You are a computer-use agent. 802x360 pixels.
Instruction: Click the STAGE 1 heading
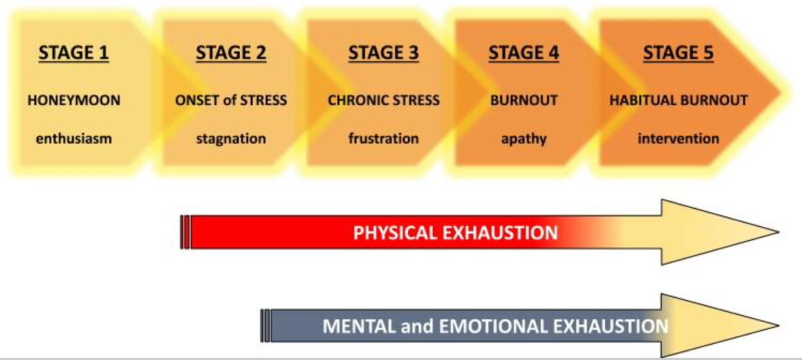pos(74,53)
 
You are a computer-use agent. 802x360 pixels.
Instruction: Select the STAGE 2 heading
pos(231,53)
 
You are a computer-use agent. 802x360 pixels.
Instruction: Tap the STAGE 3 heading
pos(383,53)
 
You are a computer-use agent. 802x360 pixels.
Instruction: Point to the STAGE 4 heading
pos(524,53)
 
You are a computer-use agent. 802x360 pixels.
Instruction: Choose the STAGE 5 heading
pos(678,53)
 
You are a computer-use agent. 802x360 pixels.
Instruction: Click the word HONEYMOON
pos(74,100)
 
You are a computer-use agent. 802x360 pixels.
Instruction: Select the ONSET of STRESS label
pos(231,100)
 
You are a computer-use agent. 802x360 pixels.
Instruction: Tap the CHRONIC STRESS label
pos(383,100)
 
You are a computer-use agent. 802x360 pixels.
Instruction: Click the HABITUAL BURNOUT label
pos(679,100)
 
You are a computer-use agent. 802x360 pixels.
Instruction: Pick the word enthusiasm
pos(74,138)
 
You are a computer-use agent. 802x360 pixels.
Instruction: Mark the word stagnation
pos(231,139)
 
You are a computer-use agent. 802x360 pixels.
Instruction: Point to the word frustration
pos(383,138)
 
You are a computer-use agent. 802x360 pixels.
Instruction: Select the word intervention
pos(678,138)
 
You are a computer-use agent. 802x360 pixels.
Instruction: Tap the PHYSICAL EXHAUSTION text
pos(455,233)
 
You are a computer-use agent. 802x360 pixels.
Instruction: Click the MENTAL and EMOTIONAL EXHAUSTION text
pos(495,326)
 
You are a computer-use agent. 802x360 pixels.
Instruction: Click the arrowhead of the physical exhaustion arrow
pos(719,233)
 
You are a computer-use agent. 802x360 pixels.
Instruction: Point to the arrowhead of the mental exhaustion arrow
pos(719,326)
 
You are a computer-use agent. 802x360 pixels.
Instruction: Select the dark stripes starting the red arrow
pos(185,232)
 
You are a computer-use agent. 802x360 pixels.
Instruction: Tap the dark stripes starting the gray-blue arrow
pos(266,326)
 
